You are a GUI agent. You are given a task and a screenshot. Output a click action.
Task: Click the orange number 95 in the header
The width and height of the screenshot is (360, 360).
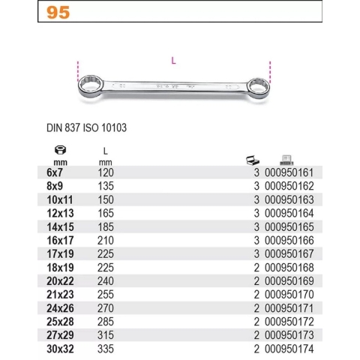click(60, 12)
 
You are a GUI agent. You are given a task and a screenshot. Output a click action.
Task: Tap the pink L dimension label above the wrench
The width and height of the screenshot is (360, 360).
click(174, 61)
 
